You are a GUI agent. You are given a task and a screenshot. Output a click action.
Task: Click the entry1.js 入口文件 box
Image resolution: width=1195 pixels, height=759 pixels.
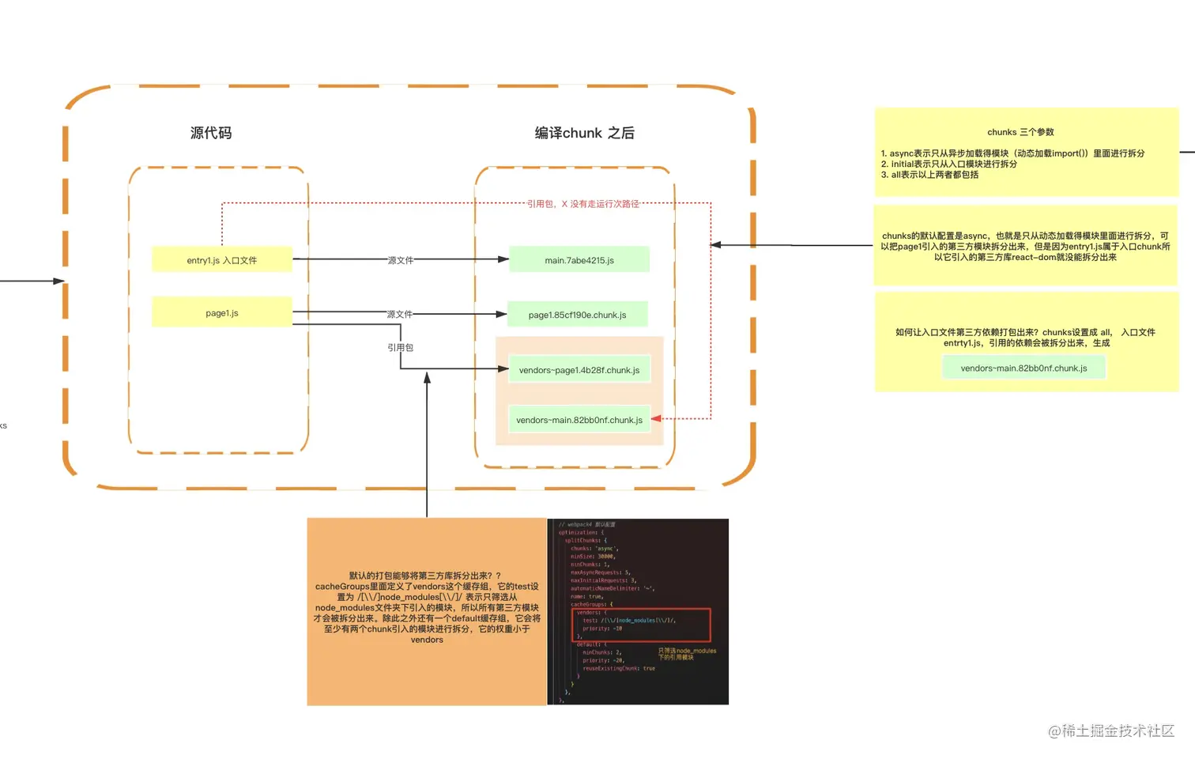[x=221, y=259]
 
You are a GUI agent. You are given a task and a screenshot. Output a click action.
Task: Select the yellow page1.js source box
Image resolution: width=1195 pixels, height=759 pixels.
[x=221, y=312]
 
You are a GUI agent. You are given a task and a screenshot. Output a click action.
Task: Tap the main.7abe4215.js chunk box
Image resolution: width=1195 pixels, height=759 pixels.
[x=579, y=259]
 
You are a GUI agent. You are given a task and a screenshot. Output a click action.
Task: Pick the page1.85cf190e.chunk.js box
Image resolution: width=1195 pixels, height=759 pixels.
[x=577, y=315]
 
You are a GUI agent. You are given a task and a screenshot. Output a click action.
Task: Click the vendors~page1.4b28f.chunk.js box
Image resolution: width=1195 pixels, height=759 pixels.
[x=579, y=369]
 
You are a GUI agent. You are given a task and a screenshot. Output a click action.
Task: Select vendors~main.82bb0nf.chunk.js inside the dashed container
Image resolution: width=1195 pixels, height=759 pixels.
[x=579, y=420]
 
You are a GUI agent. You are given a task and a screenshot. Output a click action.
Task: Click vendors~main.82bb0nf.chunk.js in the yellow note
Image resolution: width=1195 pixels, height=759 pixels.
[x=1023, y=368]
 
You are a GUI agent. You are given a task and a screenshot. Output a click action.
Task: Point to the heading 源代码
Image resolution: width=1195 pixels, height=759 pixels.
[x=211, y=133]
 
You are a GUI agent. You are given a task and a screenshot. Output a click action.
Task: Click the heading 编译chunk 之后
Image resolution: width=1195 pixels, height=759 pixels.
[x=584, y=133]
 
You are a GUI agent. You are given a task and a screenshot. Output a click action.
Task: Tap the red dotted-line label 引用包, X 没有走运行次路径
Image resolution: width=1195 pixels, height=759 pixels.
[x=582, y=204]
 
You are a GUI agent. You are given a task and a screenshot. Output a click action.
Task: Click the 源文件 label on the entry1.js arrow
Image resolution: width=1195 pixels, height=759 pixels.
[x=400, y=260]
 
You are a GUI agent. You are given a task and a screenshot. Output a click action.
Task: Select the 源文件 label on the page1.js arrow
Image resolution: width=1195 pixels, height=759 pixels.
[x=399, y=314]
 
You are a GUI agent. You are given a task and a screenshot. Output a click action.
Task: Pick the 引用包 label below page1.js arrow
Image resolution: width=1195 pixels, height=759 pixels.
[x=400, y=347]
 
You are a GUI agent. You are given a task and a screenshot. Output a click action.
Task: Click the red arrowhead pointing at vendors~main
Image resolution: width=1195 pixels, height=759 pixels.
[x=656, y=418]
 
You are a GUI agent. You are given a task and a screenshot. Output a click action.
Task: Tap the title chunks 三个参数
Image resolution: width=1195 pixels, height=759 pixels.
[x=1020, y=132]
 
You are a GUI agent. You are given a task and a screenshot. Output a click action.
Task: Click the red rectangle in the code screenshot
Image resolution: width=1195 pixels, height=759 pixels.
[x=641, y=625]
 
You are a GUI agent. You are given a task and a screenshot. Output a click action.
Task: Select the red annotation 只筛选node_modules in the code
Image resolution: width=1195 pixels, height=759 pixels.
[x=686, y=654]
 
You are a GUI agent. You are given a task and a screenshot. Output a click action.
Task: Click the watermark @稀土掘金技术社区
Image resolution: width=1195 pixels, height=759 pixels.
[x=1110, y=731]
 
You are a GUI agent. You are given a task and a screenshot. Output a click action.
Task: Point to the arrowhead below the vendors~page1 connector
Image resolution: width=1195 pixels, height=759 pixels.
[x=427, y=378]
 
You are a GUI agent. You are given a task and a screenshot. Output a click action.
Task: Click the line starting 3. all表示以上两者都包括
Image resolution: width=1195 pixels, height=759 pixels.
[x=929, y=175]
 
